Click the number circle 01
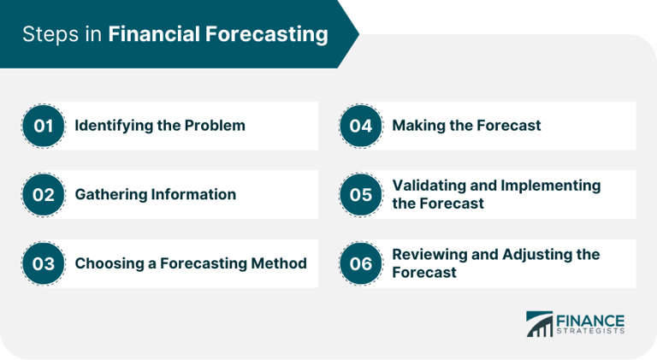tap(44, 126)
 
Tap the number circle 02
tap(44, 194)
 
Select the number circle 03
tap(44, 263)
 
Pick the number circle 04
tap(361, 126)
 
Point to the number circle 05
tap(361, 194)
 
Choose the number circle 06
tap(361, 263)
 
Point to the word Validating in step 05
tap(429, 186)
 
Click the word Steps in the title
tap(48, 35)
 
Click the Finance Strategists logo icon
tap(539, 324)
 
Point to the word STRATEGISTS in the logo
tap(590, 331)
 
